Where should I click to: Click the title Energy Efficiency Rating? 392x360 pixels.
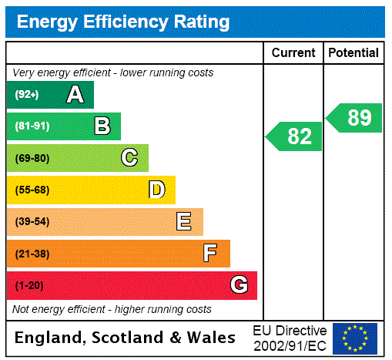[x=123, y=22]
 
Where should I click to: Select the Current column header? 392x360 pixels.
[x=293, y=53]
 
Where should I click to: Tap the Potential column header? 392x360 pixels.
[x=353, y=53]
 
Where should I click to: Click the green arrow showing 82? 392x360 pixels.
[x=295, y=136]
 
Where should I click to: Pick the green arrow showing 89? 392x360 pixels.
[x=355, y=118]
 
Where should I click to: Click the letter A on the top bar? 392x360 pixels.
[x=75, y=95]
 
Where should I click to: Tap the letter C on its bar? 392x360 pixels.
[x=129, y=158]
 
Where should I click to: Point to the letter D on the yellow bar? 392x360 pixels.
[x=156, y=190]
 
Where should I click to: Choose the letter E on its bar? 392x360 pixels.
[x=184, y=222]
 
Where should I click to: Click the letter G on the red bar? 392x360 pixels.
[x=239, y=285]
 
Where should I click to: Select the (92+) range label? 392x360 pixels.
[x=27, y=95]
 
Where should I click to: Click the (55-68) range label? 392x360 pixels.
[x=32, y=190]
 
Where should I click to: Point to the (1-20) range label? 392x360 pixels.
[x=28, y=285]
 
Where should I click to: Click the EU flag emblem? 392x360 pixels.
[x=355, y=338]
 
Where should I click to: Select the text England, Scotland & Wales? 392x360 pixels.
[x=126, y=338]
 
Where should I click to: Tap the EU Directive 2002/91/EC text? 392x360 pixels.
[x=290, y=338]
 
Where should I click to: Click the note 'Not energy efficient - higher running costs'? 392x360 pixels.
[x=112, y=309]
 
